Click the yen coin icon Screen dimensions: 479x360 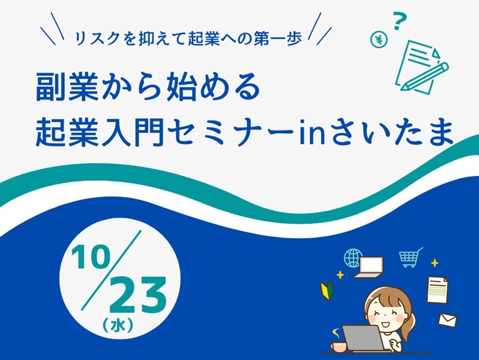coord(379,39)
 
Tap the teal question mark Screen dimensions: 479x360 coord(400,21)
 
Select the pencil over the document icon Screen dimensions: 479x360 coord(424,76)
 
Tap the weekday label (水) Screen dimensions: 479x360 coord(118,326)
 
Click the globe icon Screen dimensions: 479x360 coord(353,258)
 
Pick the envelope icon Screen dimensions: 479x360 coord(448,320)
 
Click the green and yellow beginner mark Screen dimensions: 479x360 coord(327,290)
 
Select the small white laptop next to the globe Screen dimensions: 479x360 coord(369,267)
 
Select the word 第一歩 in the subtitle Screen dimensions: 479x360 coord(277,38)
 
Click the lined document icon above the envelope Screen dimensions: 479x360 coord(437,289)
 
